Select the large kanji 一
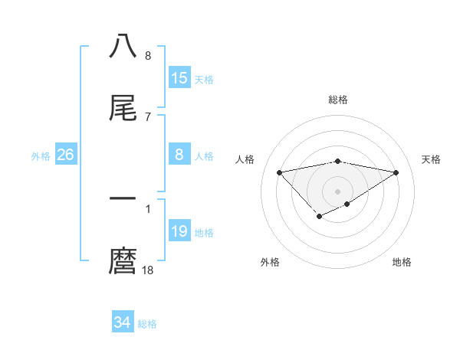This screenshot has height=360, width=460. point(123,198)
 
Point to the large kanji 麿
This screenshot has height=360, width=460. point(123,262)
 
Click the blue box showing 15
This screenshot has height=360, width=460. point(179,78)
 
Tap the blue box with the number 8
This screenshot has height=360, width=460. point(179,155)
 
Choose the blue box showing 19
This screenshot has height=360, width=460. point(179,231)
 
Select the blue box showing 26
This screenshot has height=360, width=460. point(66,155)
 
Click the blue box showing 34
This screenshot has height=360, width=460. point(123,322)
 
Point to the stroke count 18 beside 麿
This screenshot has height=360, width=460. point(148,270)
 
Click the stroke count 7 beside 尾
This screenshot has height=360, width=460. point(147,116)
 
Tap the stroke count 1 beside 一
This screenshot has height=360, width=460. point(147,207)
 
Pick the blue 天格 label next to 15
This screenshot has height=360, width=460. point(204,80)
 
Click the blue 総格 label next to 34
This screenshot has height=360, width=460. point(147,324)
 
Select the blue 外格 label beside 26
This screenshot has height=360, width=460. point(41,156)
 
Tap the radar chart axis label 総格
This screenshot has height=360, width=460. point(337,100)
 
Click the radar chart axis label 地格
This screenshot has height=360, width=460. point(402,262)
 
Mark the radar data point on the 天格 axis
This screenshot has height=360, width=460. point(396,172)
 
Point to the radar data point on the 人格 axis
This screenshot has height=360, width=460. point(280,172)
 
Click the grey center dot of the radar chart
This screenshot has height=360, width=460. point(337,191)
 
